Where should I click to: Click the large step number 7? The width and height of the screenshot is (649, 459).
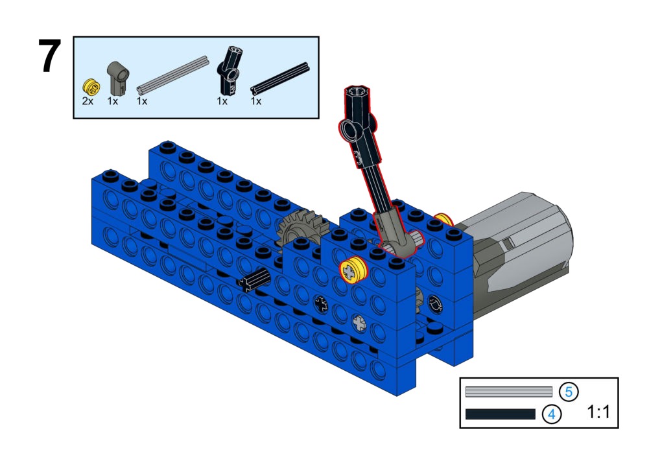point(50,56)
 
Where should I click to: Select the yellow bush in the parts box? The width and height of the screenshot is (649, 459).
point(91,86)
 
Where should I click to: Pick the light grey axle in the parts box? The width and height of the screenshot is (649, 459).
point(172,75)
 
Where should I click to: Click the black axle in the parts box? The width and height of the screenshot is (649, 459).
point(280,78)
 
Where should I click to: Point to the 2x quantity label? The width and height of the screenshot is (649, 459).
point(88,101)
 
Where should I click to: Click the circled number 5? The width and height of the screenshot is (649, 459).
point(569,392)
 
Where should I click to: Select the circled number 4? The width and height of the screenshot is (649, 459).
point(551,414)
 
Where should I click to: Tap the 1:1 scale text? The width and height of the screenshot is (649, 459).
point(598,412)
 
